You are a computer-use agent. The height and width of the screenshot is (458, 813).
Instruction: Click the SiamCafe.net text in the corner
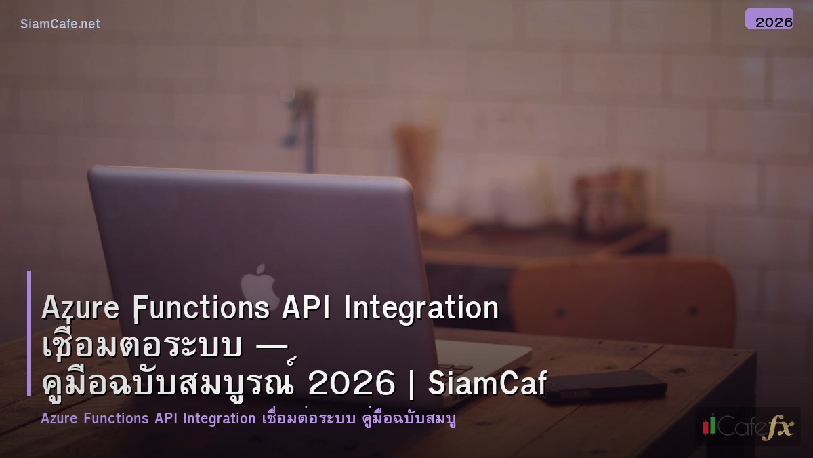(x=60, y=24)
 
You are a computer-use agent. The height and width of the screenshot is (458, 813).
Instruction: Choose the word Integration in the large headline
(x=421, y=309)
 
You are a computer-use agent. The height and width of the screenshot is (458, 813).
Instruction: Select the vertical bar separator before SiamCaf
(x=411, y=385)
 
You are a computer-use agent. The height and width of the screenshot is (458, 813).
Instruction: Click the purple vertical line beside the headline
(x=29, y=333)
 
